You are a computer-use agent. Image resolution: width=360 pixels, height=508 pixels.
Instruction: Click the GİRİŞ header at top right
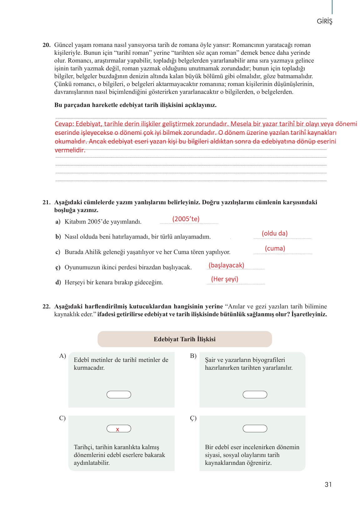(324, 22)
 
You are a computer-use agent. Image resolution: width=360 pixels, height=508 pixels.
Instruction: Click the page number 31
(328, 485)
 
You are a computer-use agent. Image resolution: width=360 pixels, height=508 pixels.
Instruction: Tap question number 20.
(46, 45)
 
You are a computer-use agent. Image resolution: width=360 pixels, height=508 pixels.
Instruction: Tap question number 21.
(46, 202)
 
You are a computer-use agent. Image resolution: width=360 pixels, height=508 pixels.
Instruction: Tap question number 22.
(46, 307)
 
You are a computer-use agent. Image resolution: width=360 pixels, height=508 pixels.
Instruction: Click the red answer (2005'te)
(186, 219)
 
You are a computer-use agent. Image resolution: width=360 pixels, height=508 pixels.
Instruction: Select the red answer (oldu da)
(275, 233)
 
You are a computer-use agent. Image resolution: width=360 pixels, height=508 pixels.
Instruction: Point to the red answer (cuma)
(275, 248)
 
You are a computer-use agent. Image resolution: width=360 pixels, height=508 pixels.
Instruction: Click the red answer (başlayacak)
(226, 265)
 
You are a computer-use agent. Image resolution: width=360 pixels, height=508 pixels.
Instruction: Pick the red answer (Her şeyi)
(225, 279)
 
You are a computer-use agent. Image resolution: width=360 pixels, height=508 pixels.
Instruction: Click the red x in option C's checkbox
(118, 429)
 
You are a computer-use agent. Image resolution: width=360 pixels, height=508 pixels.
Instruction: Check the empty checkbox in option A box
(119, 394)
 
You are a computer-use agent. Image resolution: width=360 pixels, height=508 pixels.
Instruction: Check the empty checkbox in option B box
(255, 394)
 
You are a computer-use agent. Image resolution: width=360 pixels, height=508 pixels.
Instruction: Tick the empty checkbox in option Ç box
(255, 429)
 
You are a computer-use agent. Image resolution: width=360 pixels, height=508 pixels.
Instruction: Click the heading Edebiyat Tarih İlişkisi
(185, 339)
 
